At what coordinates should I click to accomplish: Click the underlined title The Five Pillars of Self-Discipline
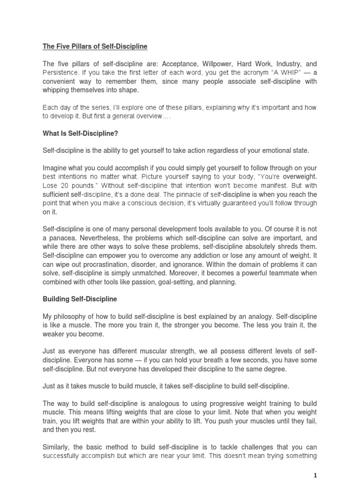(x=95, y=46)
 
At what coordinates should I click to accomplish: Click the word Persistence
(x=60, y=73)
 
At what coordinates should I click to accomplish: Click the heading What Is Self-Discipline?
(x=80, y=134)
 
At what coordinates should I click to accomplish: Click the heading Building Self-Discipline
(x=80, y=299)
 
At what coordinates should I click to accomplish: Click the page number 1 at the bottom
(x=315, y=475)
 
